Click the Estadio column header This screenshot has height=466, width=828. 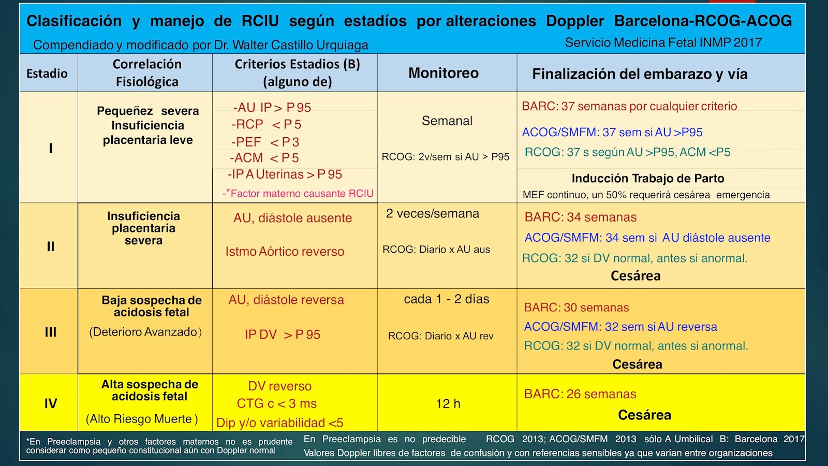47,74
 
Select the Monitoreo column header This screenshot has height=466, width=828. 443,73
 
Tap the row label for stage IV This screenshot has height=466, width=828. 50,403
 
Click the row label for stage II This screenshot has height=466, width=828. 50,246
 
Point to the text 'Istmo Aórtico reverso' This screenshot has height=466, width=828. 285,252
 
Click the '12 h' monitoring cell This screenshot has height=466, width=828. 448,404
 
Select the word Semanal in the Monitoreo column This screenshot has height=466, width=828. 447,121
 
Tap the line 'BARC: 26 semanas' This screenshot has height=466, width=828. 580,394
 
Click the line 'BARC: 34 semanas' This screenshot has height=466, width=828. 581,217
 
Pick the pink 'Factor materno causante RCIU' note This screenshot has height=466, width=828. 298,194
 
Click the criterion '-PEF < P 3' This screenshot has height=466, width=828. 265,142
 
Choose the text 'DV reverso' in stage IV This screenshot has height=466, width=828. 279,386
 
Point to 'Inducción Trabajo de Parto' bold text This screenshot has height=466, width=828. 647,179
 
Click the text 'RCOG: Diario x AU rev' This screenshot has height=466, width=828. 440,336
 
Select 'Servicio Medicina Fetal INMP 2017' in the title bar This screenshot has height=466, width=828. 663,42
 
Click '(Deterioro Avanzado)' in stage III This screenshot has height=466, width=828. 145,332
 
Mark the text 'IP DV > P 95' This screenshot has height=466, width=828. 283,335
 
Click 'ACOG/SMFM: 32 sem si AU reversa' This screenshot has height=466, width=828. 620,327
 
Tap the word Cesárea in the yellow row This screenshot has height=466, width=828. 644,415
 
